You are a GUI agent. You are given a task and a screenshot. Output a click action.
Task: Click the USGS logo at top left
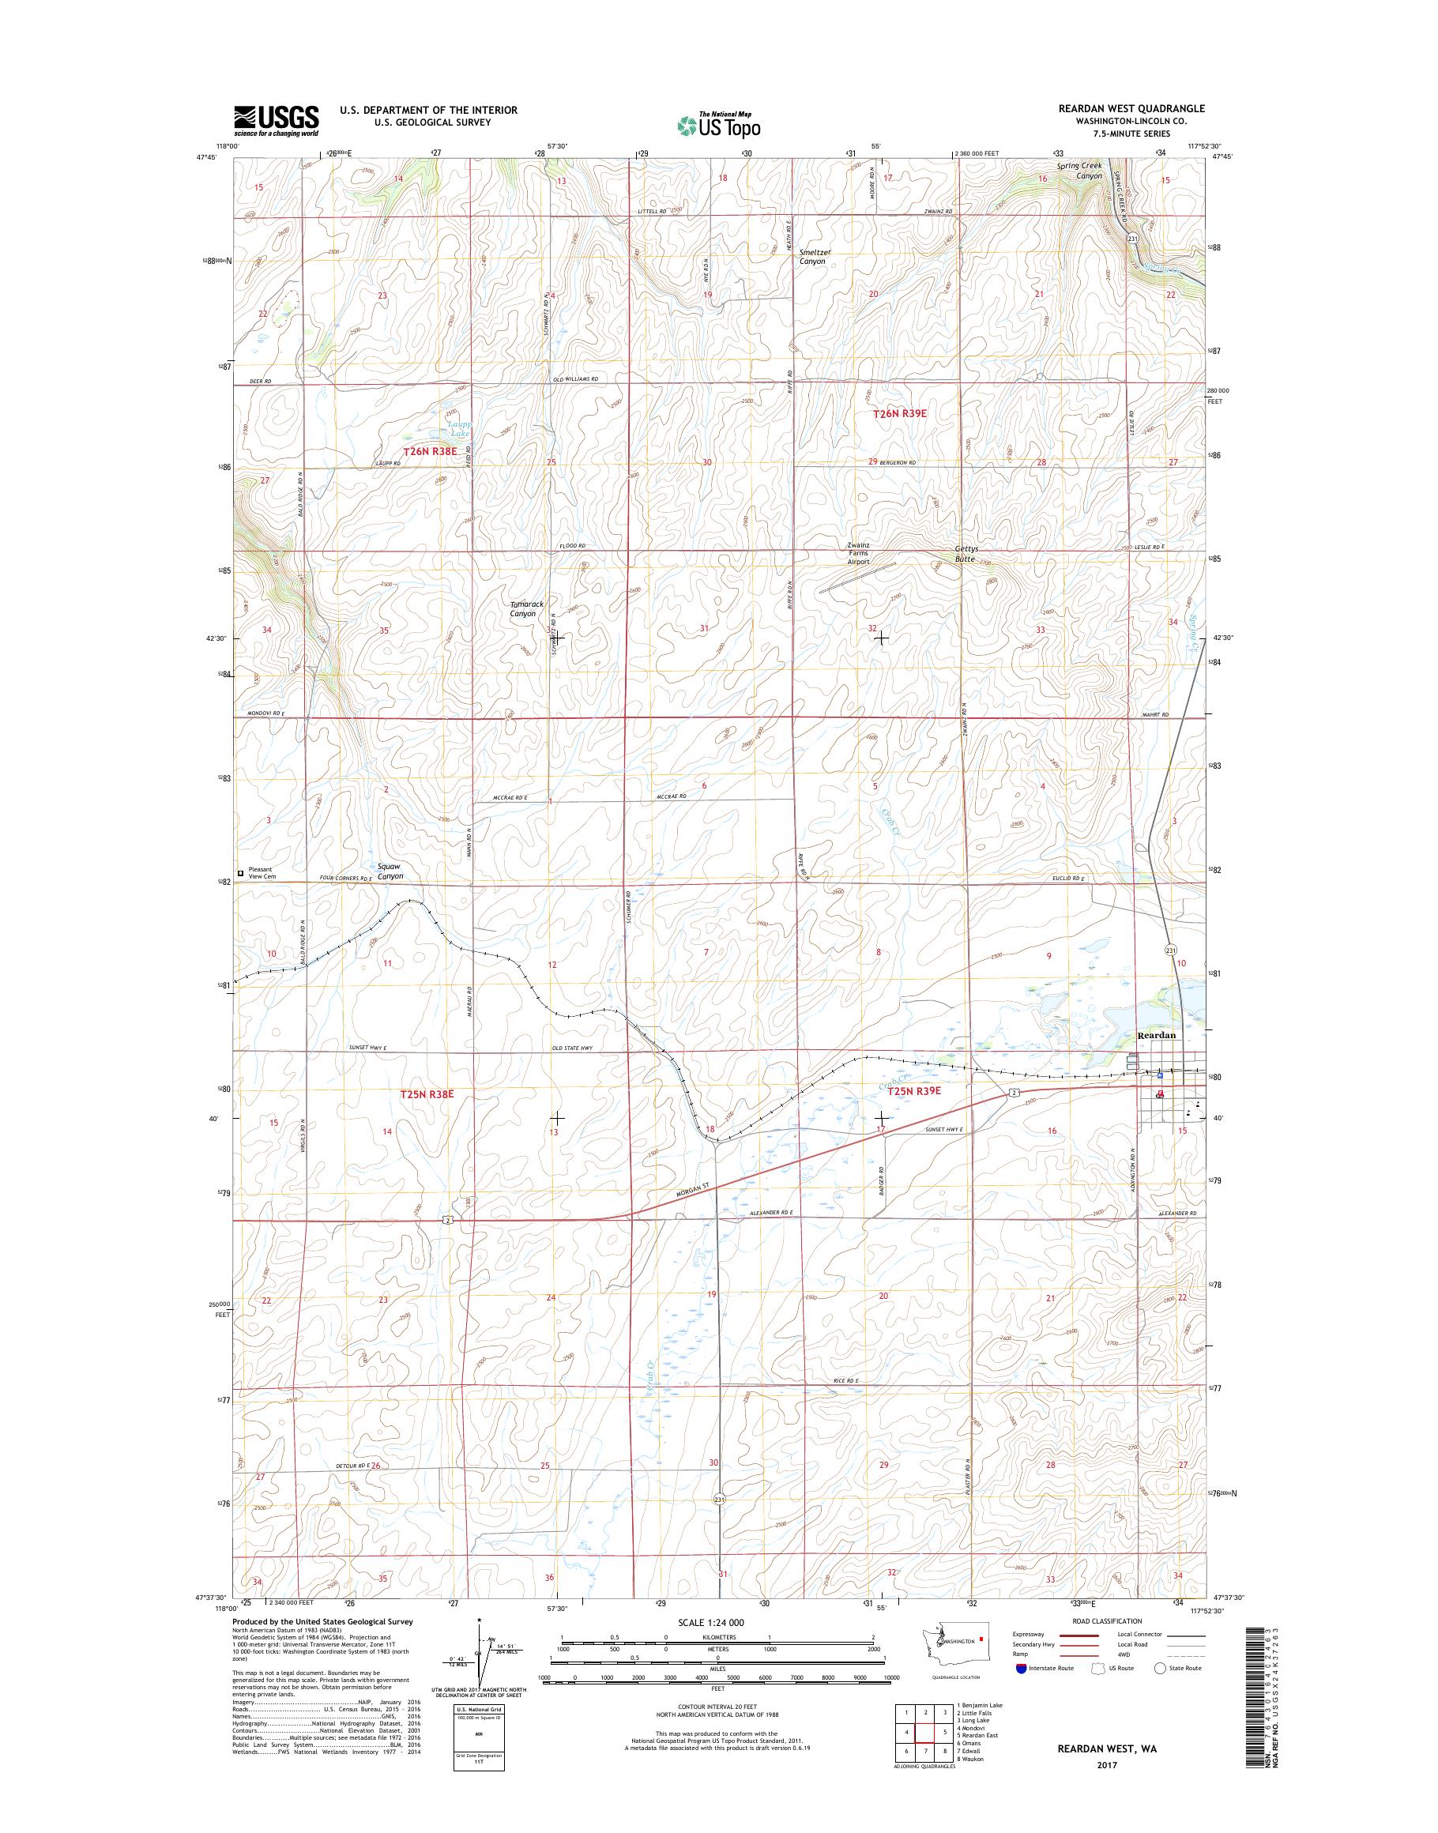[x=277, y=120]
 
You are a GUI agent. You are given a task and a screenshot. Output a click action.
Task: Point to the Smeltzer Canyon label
[x=812, y=256]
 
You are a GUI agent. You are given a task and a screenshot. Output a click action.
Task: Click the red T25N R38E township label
[x=427, y=1093]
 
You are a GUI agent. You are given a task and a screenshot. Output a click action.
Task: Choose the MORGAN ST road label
[x=694, y=1191]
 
